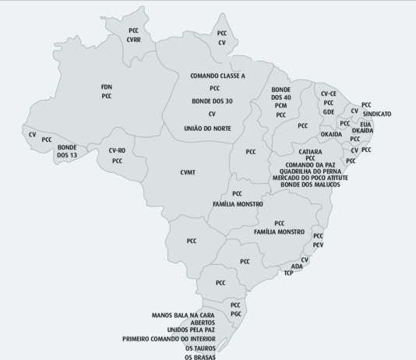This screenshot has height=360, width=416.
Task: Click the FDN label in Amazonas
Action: (x=107, y=86)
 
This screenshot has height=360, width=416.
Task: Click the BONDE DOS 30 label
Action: (x=213, y=101)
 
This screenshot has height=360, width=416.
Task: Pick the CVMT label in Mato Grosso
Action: (x=188, y=171)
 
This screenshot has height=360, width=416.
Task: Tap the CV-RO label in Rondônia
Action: (x=117, y=150)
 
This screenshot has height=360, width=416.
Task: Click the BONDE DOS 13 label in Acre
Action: (x=67, y=151)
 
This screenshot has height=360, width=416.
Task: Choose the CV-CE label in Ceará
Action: (x=329, y=94)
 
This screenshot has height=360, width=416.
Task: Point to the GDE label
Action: (x=329, y=112)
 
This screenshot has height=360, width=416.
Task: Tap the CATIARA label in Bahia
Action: (x=310, y=150)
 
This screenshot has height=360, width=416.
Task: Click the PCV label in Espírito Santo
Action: (x=318, y=245)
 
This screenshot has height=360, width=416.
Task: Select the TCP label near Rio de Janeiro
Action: (x=288, y=274)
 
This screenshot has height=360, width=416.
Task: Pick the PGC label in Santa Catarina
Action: (x=236, y=313)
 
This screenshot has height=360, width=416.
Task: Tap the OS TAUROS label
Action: (x=200, y=348)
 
